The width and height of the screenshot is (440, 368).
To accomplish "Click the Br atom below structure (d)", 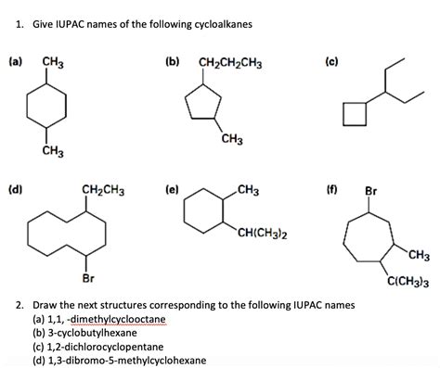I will [88, 277].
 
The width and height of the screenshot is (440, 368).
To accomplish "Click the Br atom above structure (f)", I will [370, 194].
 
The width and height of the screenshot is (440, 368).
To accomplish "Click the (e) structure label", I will [174, 192].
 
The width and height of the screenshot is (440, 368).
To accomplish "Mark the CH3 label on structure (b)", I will [233, 139].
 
